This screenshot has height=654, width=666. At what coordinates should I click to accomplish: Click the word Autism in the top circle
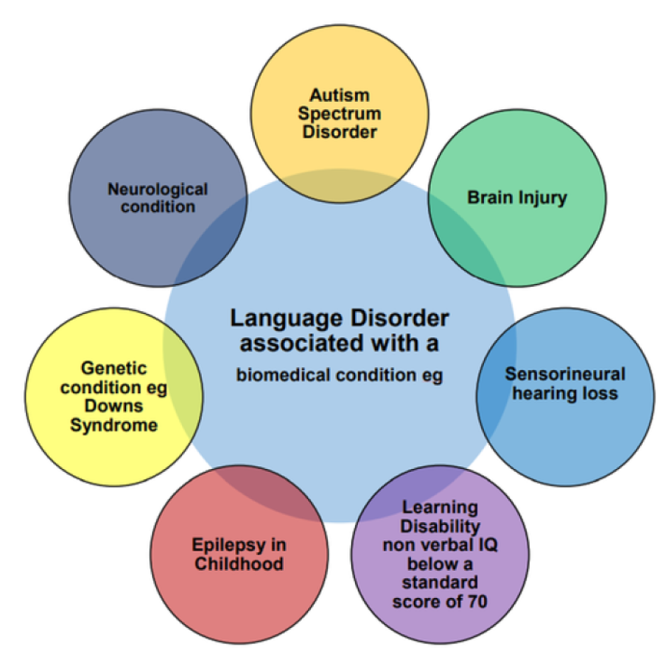click(x=339, y=95)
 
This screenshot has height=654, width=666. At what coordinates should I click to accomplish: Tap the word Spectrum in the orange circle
click(x=339, y=114)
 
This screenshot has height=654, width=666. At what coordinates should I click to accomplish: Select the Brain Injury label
click(x=517, y=198)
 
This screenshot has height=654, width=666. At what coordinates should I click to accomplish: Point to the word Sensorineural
click(x=565, y=374)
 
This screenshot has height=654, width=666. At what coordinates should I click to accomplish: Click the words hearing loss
click(x=565, y=393)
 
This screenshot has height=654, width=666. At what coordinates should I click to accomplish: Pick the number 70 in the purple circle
click(x=477, y=602)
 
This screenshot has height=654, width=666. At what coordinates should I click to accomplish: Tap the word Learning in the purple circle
click(x=440, y=507)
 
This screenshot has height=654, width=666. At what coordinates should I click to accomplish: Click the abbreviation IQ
click(x=487, y=545)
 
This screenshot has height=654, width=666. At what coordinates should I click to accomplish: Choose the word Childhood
click(x=239, y=564)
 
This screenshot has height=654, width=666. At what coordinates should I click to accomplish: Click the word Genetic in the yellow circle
click(x=113, y=368)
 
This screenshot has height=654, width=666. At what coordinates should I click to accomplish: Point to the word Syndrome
click(x=113, y=425)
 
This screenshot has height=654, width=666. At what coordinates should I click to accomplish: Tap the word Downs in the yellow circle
click(x=113, y=406)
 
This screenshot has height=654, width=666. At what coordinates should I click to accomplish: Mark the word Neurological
click(x=157, y=189)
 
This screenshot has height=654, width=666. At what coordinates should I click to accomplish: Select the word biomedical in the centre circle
click(x=283, y=375)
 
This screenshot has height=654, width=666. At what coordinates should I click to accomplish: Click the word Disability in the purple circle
click(x=440, y=526)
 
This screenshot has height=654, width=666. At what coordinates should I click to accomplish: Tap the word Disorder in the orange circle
click(x=339, y=132)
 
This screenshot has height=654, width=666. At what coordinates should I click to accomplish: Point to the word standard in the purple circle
click(x=440, y=582)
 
